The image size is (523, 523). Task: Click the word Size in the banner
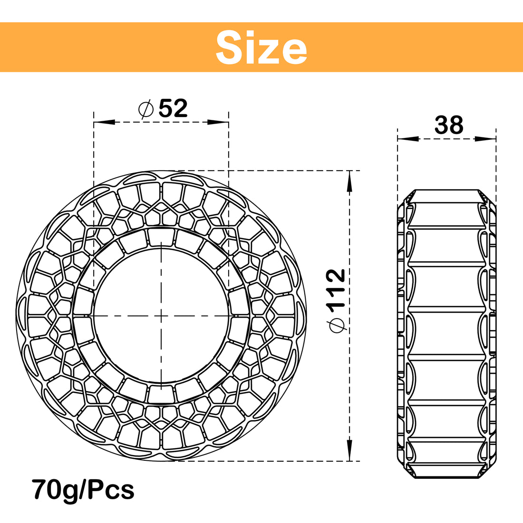(261, 48)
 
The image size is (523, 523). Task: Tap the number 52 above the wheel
(173, 108)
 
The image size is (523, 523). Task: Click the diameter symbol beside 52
(145, 109)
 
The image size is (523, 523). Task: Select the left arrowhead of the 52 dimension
(104, 122)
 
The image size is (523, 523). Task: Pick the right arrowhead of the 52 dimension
(218, 122)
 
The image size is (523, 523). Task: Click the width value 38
(448, 125)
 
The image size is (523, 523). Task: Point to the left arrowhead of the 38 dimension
(407, 139)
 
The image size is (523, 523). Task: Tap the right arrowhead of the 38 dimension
(485, 139)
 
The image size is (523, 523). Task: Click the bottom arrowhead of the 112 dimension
(350, 449)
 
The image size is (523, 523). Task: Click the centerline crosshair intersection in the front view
(161, 315)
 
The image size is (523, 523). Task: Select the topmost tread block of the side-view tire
(446, 196)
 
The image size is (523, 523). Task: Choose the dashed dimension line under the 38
(446, 139)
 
